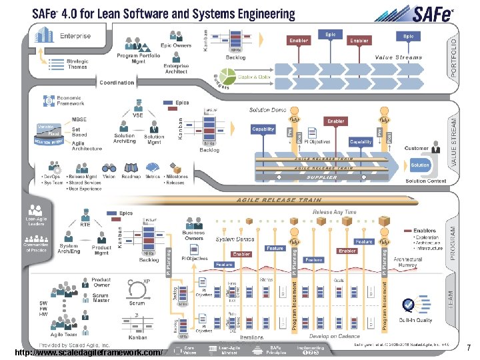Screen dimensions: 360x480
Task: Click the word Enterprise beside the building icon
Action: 75,36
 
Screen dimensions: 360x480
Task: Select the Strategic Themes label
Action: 77,63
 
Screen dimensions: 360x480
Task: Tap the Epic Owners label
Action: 176,45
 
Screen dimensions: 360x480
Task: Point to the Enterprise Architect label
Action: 176,69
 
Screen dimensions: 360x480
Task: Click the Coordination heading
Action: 117,83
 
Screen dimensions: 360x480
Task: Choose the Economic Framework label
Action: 71,101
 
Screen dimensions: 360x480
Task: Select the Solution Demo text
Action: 268,109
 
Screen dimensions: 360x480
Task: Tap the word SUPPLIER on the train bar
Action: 322,177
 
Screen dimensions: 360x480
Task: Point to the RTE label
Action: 85,225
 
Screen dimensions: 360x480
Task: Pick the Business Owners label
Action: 194,236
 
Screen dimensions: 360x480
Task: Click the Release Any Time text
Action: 334,212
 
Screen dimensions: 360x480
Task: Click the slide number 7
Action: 469,348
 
